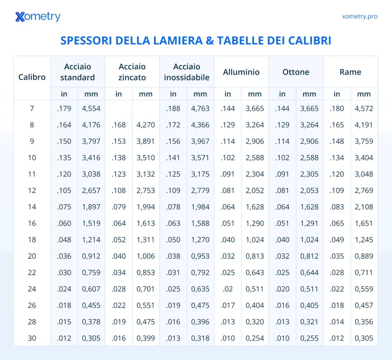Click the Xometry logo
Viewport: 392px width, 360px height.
click(x=38, y=17)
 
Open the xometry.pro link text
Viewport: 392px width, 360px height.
click(x=359, y=16)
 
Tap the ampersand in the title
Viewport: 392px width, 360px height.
click(x=210, y=41)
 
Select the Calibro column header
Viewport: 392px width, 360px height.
click(x=32, y=77)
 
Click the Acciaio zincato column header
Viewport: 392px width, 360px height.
click(x=132, y=72)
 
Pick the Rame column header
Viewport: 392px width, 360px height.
click(x=350, y=72)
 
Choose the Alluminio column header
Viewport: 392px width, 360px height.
click(x=241, y=72)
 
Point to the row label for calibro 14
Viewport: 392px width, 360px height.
click(x=32, y=207)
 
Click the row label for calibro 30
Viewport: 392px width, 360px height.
click(x=32, y=338)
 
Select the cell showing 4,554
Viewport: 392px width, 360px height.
click(x=91, y=108)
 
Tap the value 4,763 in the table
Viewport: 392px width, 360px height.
click(x=200, y=108)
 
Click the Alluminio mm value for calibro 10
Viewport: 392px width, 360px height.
click(x=255, y=158)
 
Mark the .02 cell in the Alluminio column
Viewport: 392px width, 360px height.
click(x=228, y=289)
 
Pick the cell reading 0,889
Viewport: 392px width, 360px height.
click(x=364, y=256)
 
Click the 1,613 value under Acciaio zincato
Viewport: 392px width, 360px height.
click(x=145, y=223)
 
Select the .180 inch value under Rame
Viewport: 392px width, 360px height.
click(x=337, y=108)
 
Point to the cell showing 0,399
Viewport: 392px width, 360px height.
click(x=145, y=338)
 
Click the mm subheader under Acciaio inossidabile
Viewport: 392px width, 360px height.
click(x=200, y=94)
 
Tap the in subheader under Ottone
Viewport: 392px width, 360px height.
click(x=282, y=94)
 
